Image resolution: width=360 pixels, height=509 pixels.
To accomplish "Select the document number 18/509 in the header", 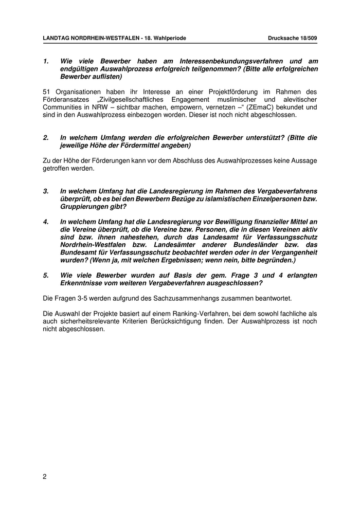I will click(308, 39).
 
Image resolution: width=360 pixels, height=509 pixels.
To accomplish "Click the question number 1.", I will click(46, 61).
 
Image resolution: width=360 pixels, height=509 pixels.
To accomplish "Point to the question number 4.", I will click(46, 222).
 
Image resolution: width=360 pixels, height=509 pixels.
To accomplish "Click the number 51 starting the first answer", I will click(47, 92).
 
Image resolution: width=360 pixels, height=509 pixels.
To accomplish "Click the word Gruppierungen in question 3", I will click(84, 207).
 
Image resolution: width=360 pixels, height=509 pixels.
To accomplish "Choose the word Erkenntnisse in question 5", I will click(82, 283).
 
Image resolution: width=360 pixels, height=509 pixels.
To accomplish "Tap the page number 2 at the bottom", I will click(45, 476).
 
